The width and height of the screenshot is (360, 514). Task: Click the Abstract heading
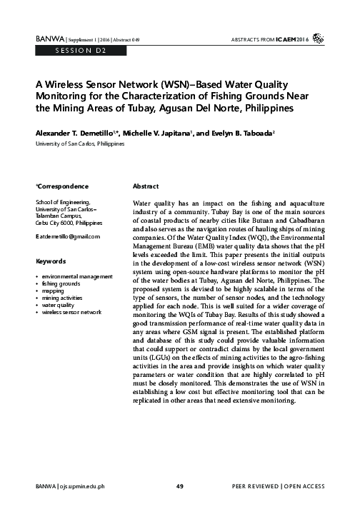(146, 186)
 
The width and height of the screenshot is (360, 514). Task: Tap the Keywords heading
(51, 261)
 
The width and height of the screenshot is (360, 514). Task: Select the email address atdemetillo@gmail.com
(69, 236)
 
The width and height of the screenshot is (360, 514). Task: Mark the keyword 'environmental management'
(77, 276)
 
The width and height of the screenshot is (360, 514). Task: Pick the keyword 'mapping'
(54, 291)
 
